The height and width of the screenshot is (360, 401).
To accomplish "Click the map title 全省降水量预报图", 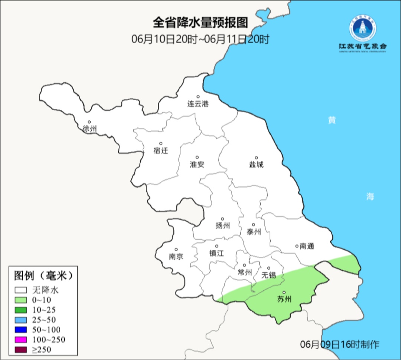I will (200, 23).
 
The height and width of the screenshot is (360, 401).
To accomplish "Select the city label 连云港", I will (198, 104).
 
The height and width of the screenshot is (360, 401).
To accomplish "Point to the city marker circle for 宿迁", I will (161, 143).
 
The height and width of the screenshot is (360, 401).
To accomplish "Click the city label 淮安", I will (197, 165).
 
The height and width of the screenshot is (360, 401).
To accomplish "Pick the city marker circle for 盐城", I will (256, 158).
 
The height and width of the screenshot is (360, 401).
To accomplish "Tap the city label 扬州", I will (223, 226).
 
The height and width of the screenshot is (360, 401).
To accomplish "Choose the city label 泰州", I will (254, 232).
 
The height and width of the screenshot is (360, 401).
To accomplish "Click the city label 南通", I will (307, 246).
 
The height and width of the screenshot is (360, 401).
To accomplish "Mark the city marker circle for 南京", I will (176, 250).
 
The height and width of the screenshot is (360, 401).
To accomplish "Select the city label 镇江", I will (217, 253).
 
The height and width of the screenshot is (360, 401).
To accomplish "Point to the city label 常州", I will (245, 272).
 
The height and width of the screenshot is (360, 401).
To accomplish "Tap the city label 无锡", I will (269, 275).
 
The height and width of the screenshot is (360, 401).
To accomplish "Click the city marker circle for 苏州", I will (284, 292).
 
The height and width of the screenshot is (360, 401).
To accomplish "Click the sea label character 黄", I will (332, 120).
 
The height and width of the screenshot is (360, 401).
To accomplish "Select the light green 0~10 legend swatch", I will (21, 300).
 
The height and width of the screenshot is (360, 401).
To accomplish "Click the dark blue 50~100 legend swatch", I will (21, 330).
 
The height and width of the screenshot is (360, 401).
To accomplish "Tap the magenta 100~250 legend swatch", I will (21, 339).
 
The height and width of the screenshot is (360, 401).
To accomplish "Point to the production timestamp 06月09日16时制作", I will (340, 344).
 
